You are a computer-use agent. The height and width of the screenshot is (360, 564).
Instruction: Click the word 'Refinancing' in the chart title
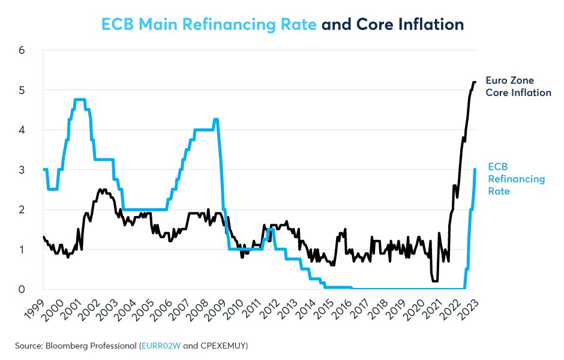click(x=247, y=25)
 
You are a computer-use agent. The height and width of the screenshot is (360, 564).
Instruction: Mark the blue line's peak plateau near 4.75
click(x=80, y=100)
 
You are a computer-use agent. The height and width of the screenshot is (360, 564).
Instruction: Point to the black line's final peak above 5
click(x=474, y=82)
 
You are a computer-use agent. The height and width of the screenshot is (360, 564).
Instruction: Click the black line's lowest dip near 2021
click(x=435, y=281)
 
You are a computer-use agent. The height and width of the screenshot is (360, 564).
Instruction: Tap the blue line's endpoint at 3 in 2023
click(x=475, y=169)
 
